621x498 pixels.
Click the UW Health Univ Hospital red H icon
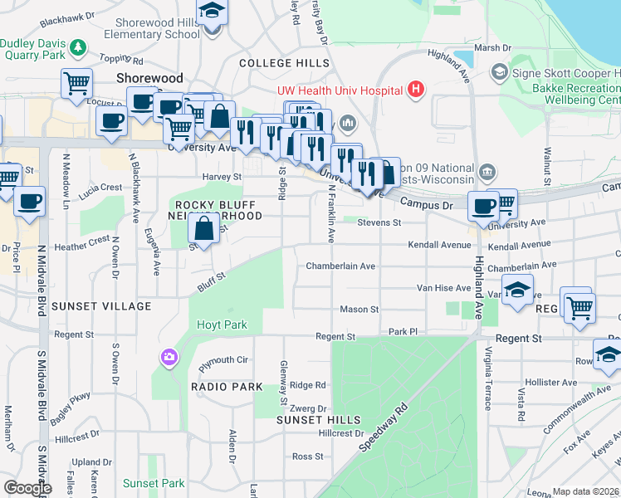pos(416,90)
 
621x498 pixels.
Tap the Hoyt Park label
pos(222,325)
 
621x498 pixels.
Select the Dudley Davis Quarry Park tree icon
pos(79,47)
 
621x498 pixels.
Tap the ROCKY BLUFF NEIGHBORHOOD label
pos(218,210)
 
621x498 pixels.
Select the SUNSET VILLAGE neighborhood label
pos(102,306)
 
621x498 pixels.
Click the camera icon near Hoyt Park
pos(169,358)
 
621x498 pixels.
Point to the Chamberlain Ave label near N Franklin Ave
pos(340,266)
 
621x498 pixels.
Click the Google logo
pos(27,488)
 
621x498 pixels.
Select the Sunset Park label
pos(154,483)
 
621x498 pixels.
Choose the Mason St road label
pos(359,310)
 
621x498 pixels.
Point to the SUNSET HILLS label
pos(309,421)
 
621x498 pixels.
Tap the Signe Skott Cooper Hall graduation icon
pos(500,72)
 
